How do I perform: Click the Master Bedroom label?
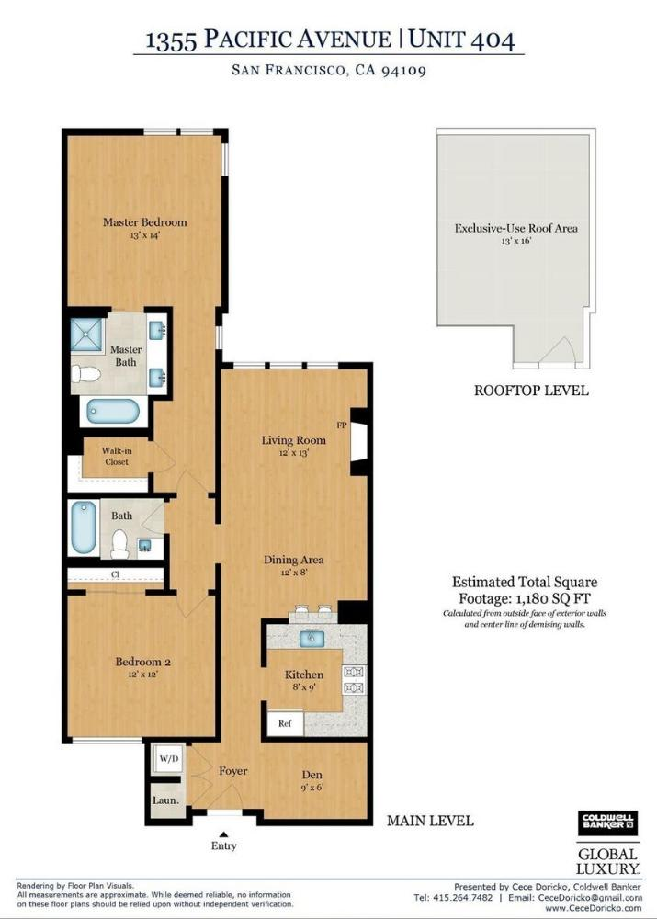(x=144, y=222)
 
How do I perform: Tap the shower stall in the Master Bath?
(x=89, y=336)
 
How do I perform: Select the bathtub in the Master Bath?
(x=112, y=410)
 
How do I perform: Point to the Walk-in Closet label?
(x=115, y=456)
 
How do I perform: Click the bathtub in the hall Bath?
(x=83, y=527)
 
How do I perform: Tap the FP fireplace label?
(x=341, y=425)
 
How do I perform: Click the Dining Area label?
(x=293, y=560)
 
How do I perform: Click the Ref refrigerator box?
(x=285, y=723)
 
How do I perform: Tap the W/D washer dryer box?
(x=168, y=759)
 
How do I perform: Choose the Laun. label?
(x=165, y=800)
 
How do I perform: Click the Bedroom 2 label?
(x=142, y=662)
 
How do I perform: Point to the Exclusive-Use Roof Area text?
(x=516, y=228)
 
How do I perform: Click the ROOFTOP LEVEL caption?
(x=530, y=390)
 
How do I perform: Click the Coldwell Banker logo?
(x=607, y=823)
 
